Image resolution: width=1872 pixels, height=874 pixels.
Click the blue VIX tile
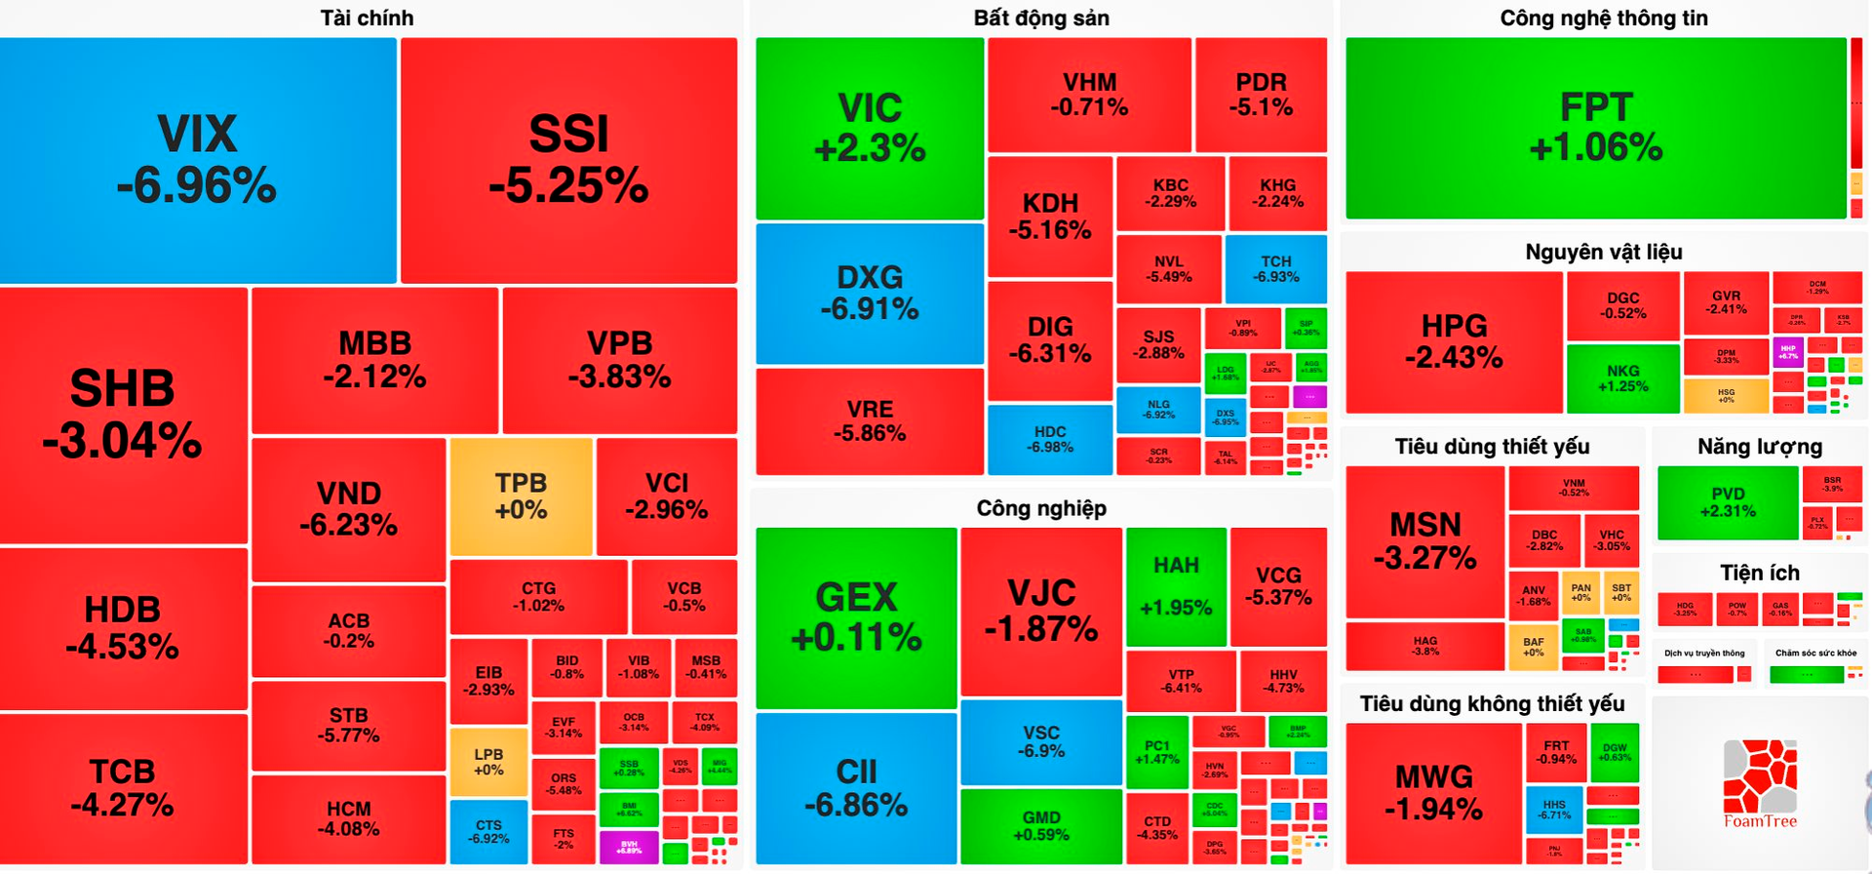[x=197, y=160]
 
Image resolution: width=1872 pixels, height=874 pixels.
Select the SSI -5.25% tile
[x=568, y=160]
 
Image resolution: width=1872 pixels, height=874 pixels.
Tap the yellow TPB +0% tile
[x=521, y=497]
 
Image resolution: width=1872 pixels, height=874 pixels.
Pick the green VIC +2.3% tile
[x=870, y=128]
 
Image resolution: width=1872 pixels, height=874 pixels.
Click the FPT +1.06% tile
[x=1595, y=128]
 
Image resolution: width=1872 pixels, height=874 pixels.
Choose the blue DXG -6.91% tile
[x=870, y=293]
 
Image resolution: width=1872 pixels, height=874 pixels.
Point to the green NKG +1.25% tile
[x=1622, y=377]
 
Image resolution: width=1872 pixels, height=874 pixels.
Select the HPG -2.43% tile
[x=1454, y=341]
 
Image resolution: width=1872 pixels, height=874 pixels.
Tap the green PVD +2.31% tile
[x=1727, y=501]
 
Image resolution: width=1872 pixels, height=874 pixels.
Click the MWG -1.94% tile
[x=1433, y=792]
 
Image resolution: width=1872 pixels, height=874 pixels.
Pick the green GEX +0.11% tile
[x=856, y=616]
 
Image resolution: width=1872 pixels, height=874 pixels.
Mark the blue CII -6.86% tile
[x=856, y=788]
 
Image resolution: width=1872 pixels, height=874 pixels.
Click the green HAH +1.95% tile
[x=1176, y=585]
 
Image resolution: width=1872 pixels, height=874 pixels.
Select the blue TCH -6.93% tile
[x=1275, y=268]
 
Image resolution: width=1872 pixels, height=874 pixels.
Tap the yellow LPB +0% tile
[x=488, y=762]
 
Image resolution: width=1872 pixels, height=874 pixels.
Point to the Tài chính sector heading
[x=367, y=18]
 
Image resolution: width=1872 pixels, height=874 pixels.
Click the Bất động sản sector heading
[x=1040, y=18]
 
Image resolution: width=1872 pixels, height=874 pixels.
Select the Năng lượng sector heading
[x=1759, y=447]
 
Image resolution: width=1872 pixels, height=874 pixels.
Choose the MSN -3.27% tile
[x=1424, y=540]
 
